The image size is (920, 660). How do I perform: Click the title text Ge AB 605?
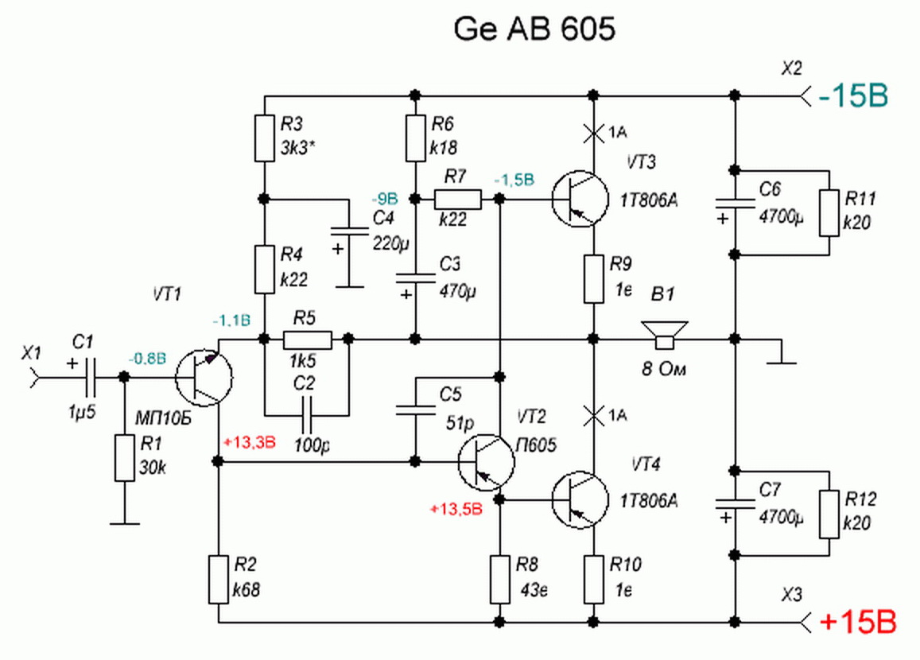pyautogui.click(x=535, y=29)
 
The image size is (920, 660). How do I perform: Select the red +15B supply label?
pyautogui.click(x=857, y=621)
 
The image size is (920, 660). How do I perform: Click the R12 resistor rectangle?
pyautogui.click(x=829, y=515)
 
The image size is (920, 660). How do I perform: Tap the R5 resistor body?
pyautogui.click(x=307, y=340)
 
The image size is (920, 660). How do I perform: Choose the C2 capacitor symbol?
pyautogui.click(x=307, y=415)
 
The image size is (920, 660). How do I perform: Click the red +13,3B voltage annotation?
pyautogui.click(x=250, y=443)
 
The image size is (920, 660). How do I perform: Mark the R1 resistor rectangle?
pyautogui.click(x=124, y=457)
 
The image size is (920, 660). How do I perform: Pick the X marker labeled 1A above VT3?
pyautogui.click(x=592, y=133)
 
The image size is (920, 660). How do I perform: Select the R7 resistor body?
pyautogui.click(x=457, y=199)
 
